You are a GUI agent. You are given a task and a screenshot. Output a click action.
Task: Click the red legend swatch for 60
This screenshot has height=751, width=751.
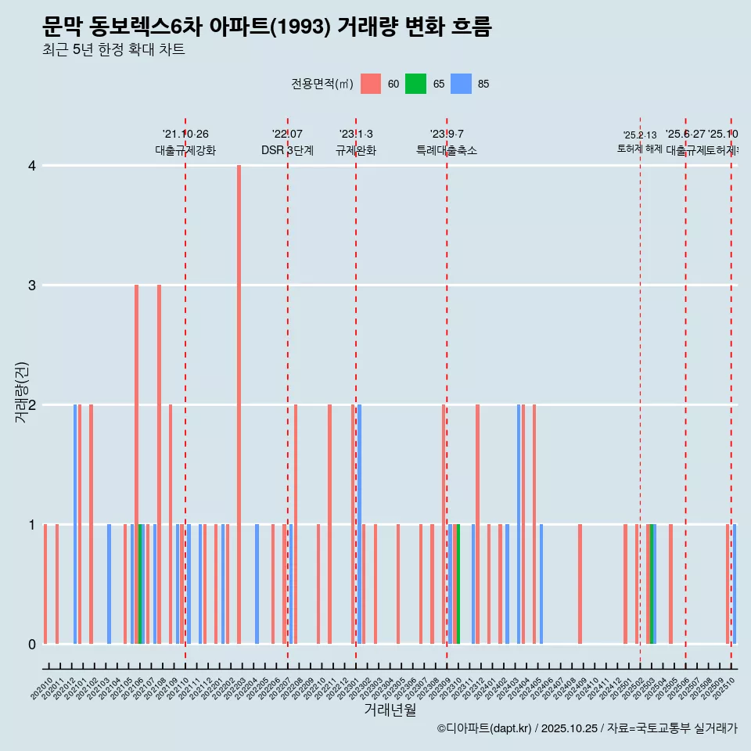371,84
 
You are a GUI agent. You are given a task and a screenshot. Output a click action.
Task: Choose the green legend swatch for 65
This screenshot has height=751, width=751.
415,84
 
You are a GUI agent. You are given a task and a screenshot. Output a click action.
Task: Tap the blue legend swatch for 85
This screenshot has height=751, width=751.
462,84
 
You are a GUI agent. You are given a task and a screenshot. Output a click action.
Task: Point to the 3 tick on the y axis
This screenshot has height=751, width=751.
32,286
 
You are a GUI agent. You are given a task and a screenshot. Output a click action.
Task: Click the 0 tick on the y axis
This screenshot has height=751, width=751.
32,645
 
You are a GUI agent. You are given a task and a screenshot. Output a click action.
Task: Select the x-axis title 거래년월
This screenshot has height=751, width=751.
390,710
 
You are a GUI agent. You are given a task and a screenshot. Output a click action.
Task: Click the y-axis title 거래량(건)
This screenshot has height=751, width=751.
22,391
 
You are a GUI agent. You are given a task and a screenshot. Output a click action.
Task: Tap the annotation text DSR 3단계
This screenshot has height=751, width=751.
287,150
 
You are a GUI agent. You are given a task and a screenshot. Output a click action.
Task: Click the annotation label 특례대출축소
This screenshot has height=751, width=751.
446,150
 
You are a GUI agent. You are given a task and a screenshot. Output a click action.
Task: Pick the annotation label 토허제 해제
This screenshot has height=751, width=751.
639,149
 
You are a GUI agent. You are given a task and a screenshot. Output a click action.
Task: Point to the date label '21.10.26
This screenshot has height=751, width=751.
185,135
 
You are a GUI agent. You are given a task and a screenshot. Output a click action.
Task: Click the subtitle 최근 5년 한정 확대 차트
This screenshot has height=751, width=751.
113,50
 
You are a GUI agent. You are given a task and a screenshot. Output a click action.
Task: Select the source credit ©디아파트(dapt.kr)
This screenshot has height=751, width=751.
484,728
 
